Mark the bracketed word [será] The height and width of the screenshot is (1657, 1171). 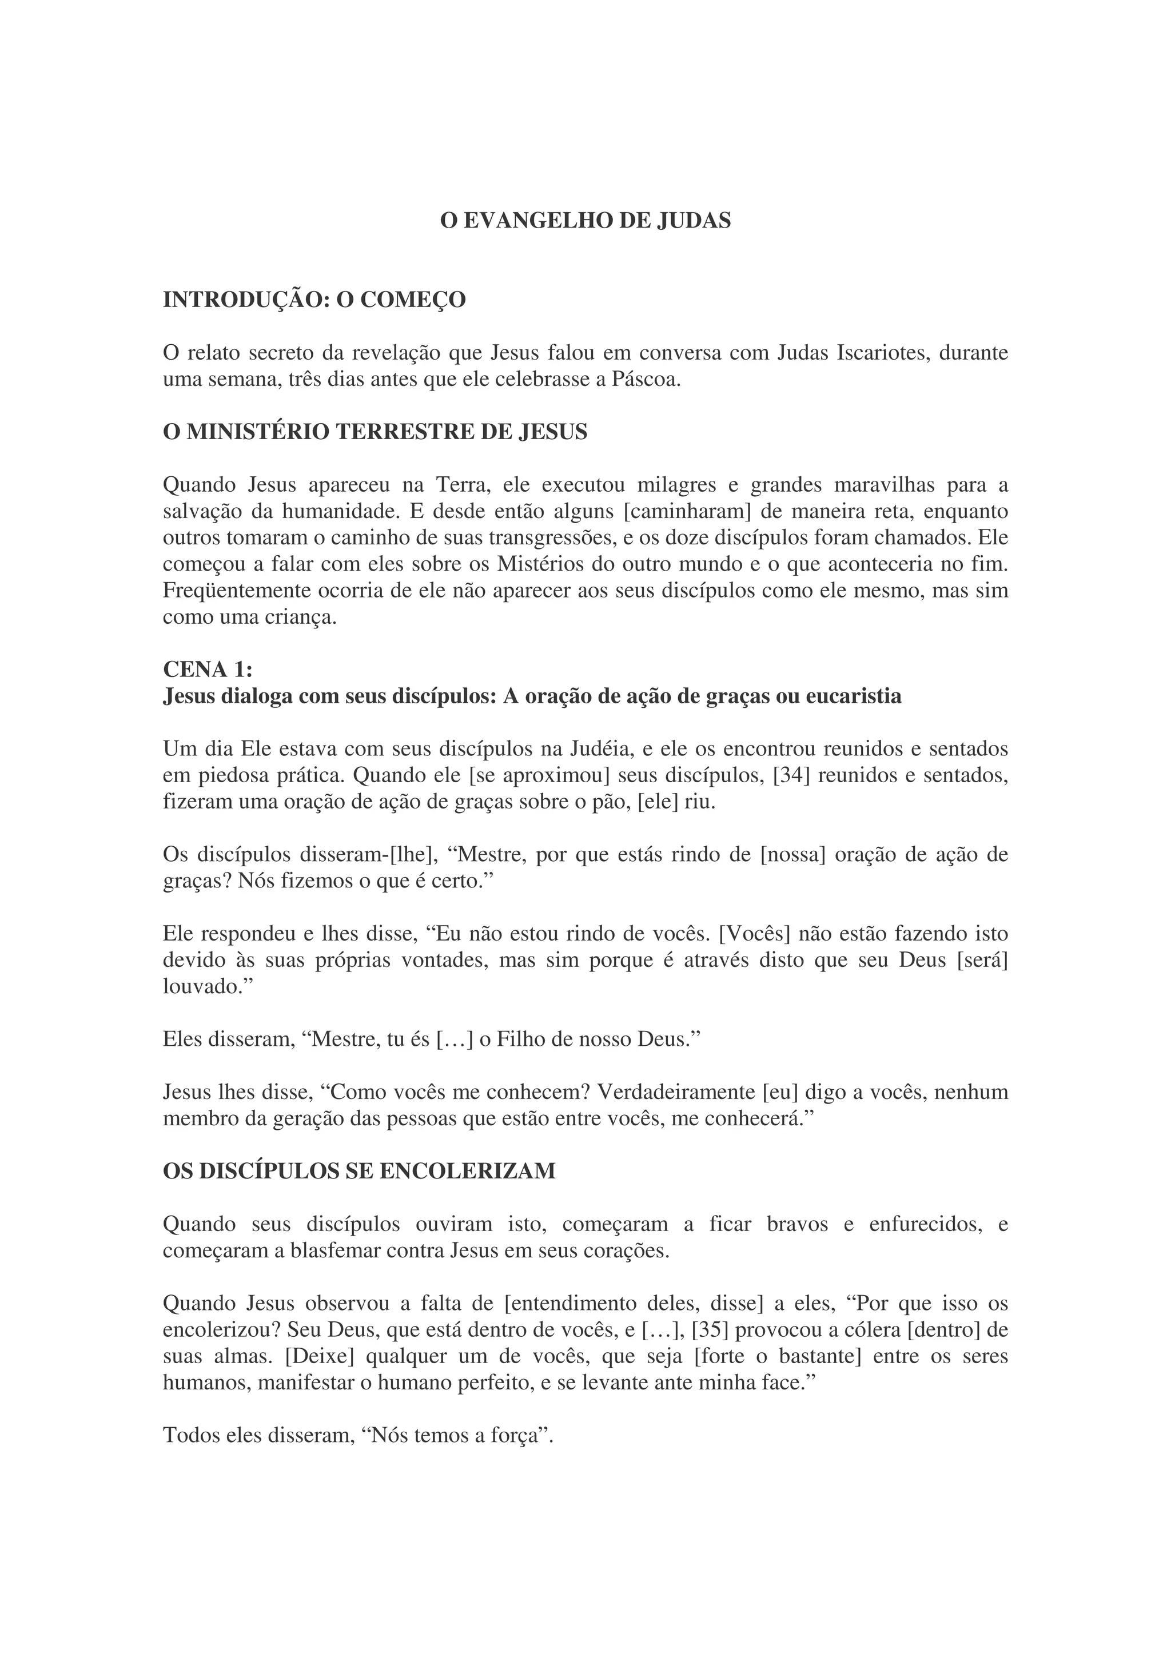pyautogui.click(x=982, y=961)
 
